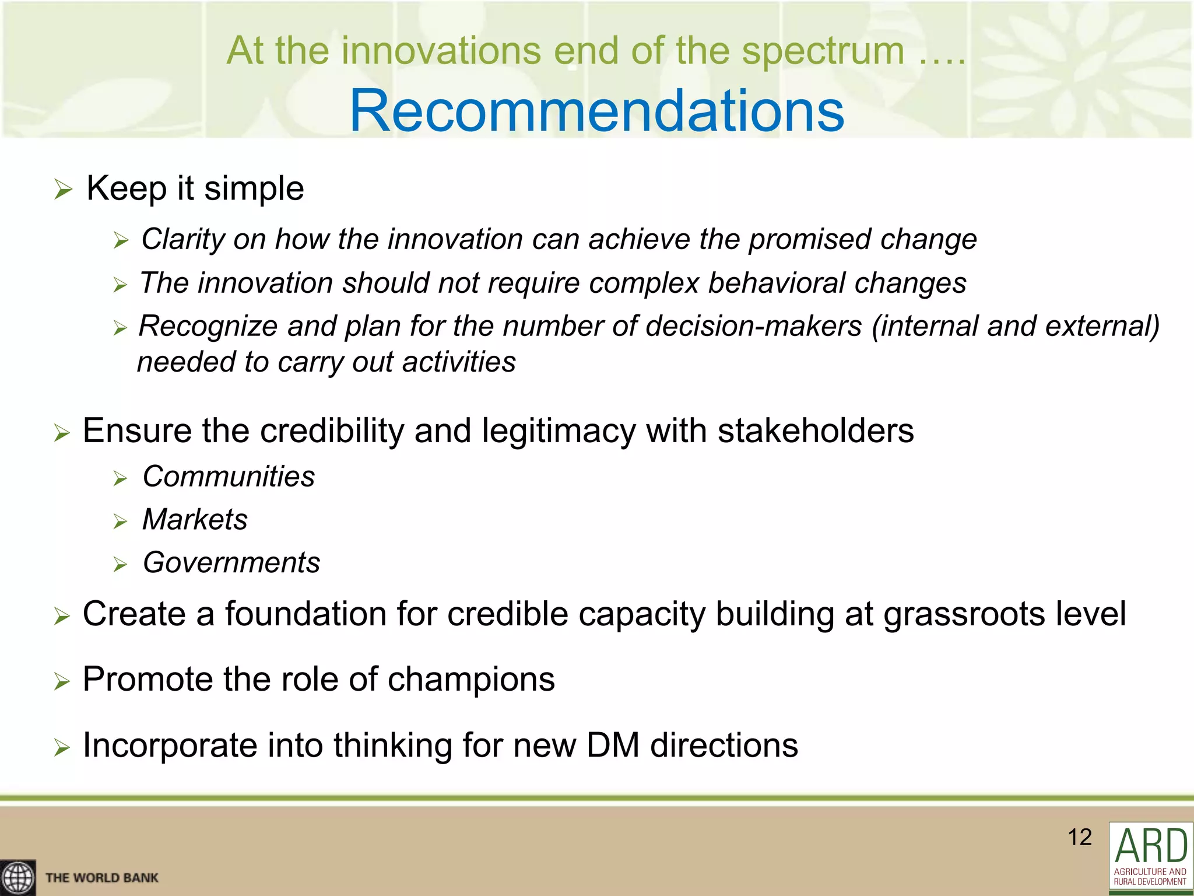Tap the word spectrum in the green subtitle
point(823,51)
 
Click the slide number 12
point(1079,837)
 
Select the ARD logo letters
point(1150,845)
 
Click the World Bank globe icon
point(17,877)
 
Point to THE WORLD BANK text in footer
point(102,878)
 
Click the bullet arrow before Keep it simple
point(62,190)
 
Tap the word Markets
point(195,519)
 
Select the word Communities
point(229,477)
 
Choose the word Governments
point(231,563)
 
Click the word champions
point(471,680)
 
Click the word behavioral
point(777,283)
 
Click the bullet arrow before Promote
point(62,681)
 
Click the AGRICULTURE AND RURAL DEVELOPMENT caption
point(1150,876)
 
